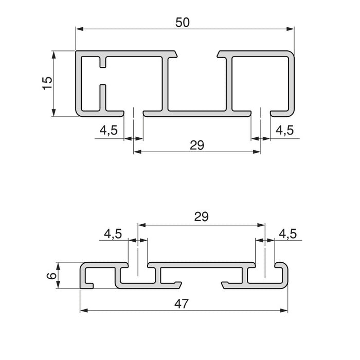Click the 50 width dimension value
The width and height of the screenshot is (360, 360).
tap(183, 22)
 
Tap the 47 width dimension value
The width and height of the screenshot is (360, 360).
tap(180, 304)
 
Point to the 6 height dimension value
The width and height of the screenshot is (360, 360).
tap(50, 276)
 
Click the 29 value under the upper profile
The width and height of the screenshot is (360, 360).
tap(196, 146)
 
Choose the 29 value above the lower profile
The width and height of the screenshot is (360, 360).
tap(201, 217)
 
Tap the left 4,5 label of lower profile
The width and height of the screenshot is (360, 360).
tap(113, 234)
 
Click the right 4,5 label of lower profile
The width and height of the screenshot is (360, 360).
tap(287, 234)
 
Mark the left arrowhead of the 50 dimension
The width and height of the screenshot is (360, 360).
tap(79, 29)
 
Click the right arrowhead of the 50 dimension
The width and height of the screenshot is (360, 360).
tap(292, 29)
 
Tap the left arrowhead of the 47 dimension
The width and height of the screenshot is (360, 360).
tap(83, 311)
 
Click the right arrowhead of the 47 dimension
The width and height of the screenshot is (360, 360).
tap(284, 311)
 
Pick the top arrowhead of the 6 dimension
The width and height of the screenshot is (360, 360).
tap(58, 266)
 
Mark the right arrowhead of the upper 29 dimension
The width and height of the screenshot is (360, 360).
tap(257, 152)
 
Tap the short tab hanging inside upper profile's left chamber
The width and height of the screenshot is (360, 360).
tap(104, 61)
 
